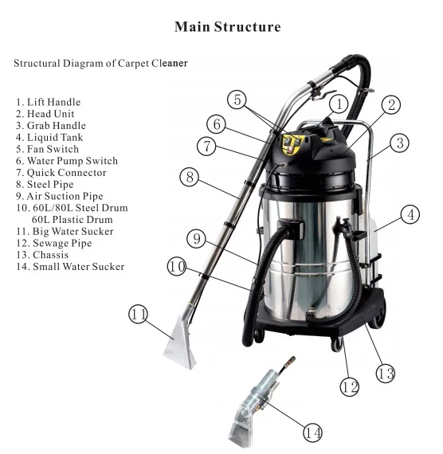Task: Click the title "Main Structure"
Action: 227,27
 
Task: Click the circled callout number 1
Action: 338,104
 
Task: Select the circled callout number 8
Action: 189,177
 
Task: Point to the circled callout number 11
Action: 139,315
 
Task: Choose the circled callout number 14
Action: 313,432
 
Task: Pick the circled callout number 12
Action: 347,387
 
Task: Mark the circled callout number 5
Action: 237,100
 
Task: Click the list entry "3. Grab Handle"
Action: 50,126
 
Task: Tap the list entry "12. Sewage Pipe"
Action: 55,243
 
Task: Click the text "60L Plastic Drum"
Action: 72,219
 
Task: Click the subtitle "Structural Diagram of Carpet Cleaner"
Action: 100,62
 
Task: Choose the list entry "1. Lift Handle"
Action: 48,103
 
